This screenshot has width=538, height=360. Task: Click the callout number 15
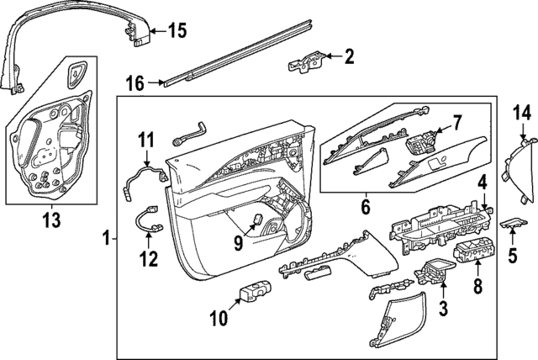[177, 31]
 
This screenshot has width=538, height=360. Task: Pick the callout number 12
[148, 260]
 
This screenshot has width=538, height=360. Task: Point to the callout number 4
[483, 183]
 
